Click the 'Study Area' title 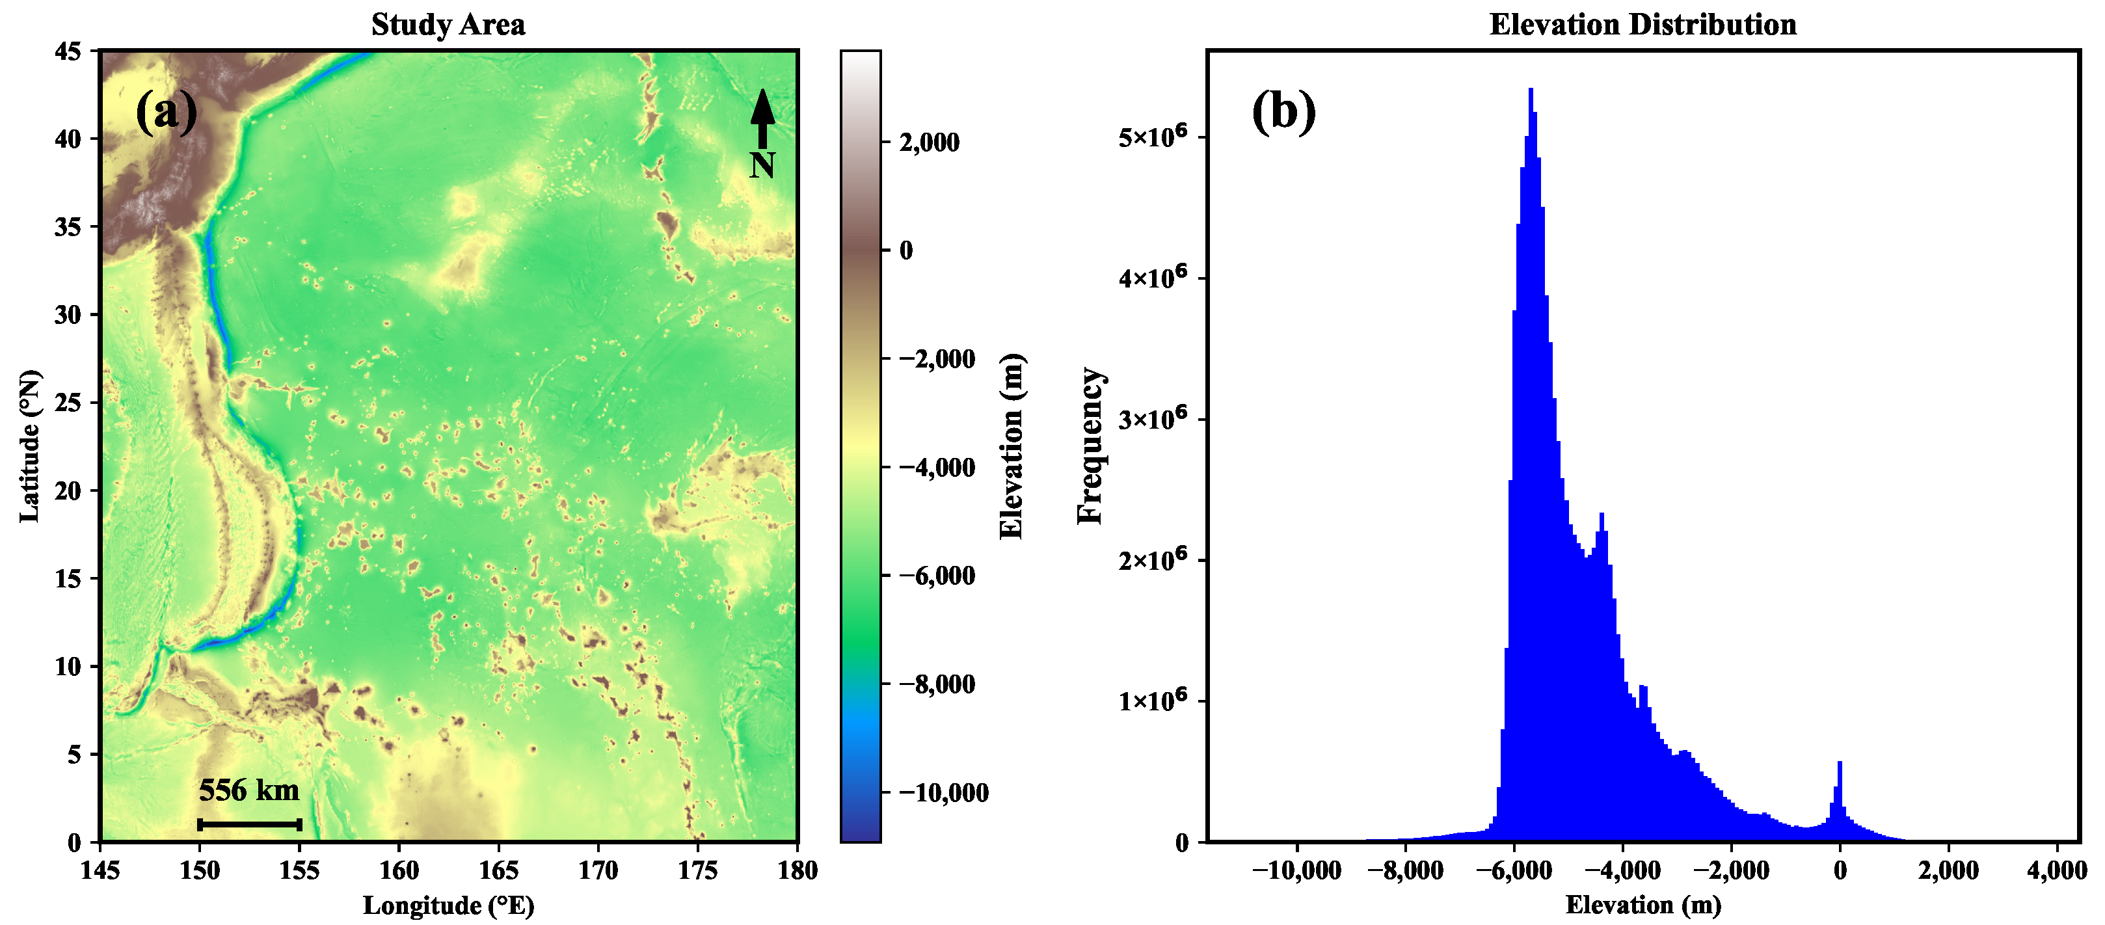pos(448,25)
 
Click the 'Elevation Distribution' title pos(1642,25)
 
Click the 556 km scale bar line pos(250,824)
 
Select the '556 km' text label pos(249,790)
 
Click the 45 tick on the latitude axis pos(69,51)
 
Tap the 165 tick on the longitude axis pos(498,871)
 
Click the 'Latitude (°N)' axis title pos(29,446)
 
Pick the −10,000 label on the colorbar pos(943,792)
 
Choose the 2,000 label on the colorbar pos(929,142)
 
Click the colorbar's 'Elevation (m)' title pos(1011,446)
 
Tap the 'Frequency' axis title pos(1090,446)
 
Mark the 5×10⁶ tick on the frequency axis pos(1152,137)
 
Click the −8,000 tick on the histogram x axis pos(1404,871)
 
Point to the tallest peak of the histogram pos(1531,90)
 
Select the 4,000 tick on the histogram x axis pos(2057,871)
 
